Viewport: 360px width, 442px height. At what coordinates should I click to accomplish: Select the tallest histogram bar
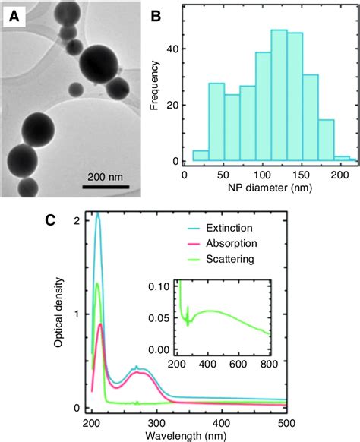(279, 97)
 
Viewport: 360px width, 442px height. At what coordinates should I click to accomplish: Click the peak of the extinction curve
(97, 214)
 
